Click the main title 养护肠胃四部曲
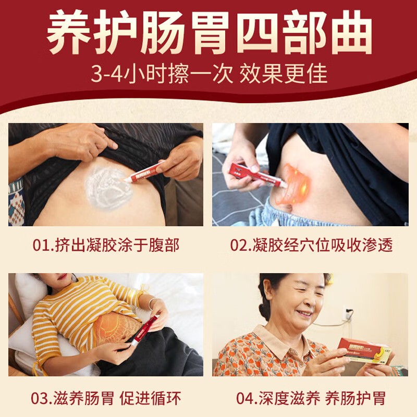(x=209, y=32)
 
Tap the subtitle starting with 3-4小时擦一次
(x=209, y=73)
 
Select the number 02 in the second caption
(x=239, y=245)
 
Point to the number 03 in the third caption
(x=40, y=398)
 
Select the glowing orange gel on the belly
(x=293, y=184)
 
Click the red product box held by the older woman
(x=365, y=348)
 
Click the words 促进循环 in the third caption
(x=150, y=398)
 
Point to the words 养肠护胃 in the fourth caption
(x=355, y=398)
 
